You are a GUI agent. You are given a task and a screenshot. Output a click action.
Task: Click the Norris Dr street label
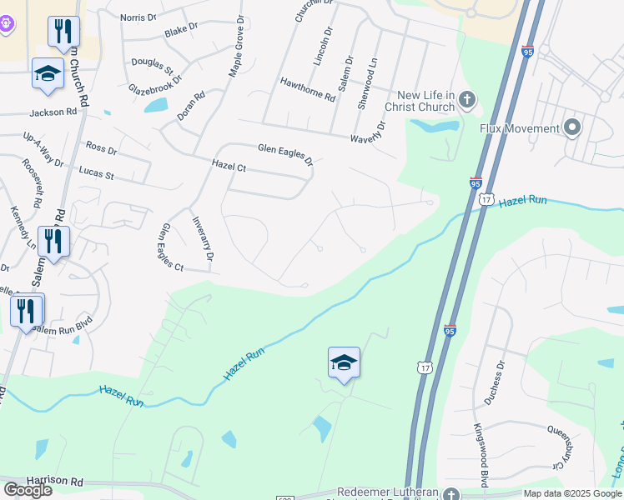tap(138, 17)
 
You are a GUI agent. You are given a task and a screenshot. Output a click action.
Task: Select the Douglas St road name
tap(151, 64)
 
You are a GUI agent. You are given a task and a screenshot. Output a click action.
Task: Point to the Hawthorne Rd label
tap(308, 88)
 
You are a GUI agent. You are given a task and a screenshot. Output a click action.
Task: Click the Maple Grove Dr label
tap(235, 46)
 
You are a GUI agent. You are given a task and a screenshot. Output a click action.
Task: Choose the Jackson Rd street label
tap(53, 112)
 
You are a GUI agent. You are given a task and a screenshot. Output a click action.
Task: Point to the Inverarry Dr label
tap(203, 238)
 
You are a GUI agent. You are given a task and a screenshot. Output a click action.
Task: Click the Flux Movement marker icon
tap(571, 128)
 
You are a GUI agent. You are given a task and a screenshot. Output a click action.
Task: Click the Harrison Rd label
tap(55, 482)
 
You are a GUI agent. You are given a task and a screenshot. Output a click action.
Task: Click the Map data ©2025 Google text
tap(573, 493)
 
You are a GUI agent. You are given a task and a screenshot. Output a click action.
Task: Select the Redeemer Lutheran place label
tap(387, 492)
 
